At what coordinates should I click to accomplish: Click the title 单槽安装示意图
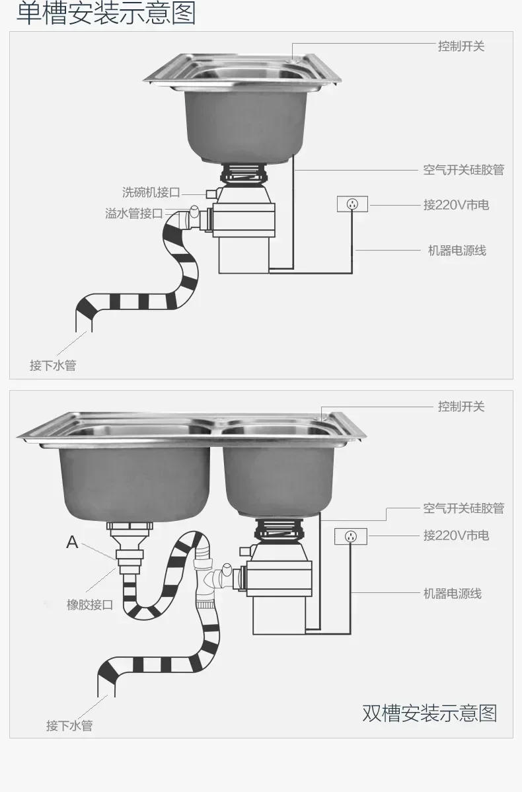pyautogui.click(x=106, y=14)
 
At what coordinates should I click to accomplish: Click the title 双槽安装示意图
pyautogui.click(x=429, y=713)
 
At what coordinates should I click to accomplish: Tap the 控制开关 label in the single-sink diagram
pyautogui.click(x=461, y=46)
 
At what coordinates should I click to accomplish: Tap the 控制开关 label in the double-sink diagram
pyautogui.click(x=461, y=406)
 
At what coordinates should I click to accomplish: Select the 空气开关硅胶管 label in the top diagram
pyautogui.click(x=463, y=170)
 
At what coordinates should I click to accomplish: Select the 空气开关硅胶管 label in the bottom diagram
pyautogui.click(x=463, y=508)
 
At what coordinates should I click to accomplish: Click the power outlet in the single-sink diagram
pyautogui.click(x=352, y=204)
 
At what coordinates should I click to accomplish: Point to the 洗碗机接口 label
pyautogui.click(x=151, y=192)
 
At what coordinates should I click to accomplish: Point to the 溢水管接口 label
pyautogui.click(x=133, y=214)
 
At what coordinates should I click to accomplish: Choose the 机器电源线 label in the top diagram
pyautogui.click(x=457, y=251)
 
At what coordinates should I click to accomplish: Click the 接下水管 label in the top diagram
pyautogui.click(x=53, y=365)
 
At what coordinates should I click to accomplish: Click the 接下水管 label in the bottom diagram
pyautogui.click(x=69, y=725)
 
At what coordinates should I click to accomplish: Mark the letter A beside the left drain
pyautogui.click(x=72, y=543)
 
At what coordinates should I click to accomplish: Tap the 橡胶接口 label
pyautogui.click(x=90, y=604)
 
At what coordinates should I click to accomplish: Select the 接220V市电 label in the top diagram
pyautogui.click(x=456, y=205)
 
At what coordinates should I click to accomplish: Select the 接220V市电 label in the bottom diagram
pyautogui.click(x=456, y=535)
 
